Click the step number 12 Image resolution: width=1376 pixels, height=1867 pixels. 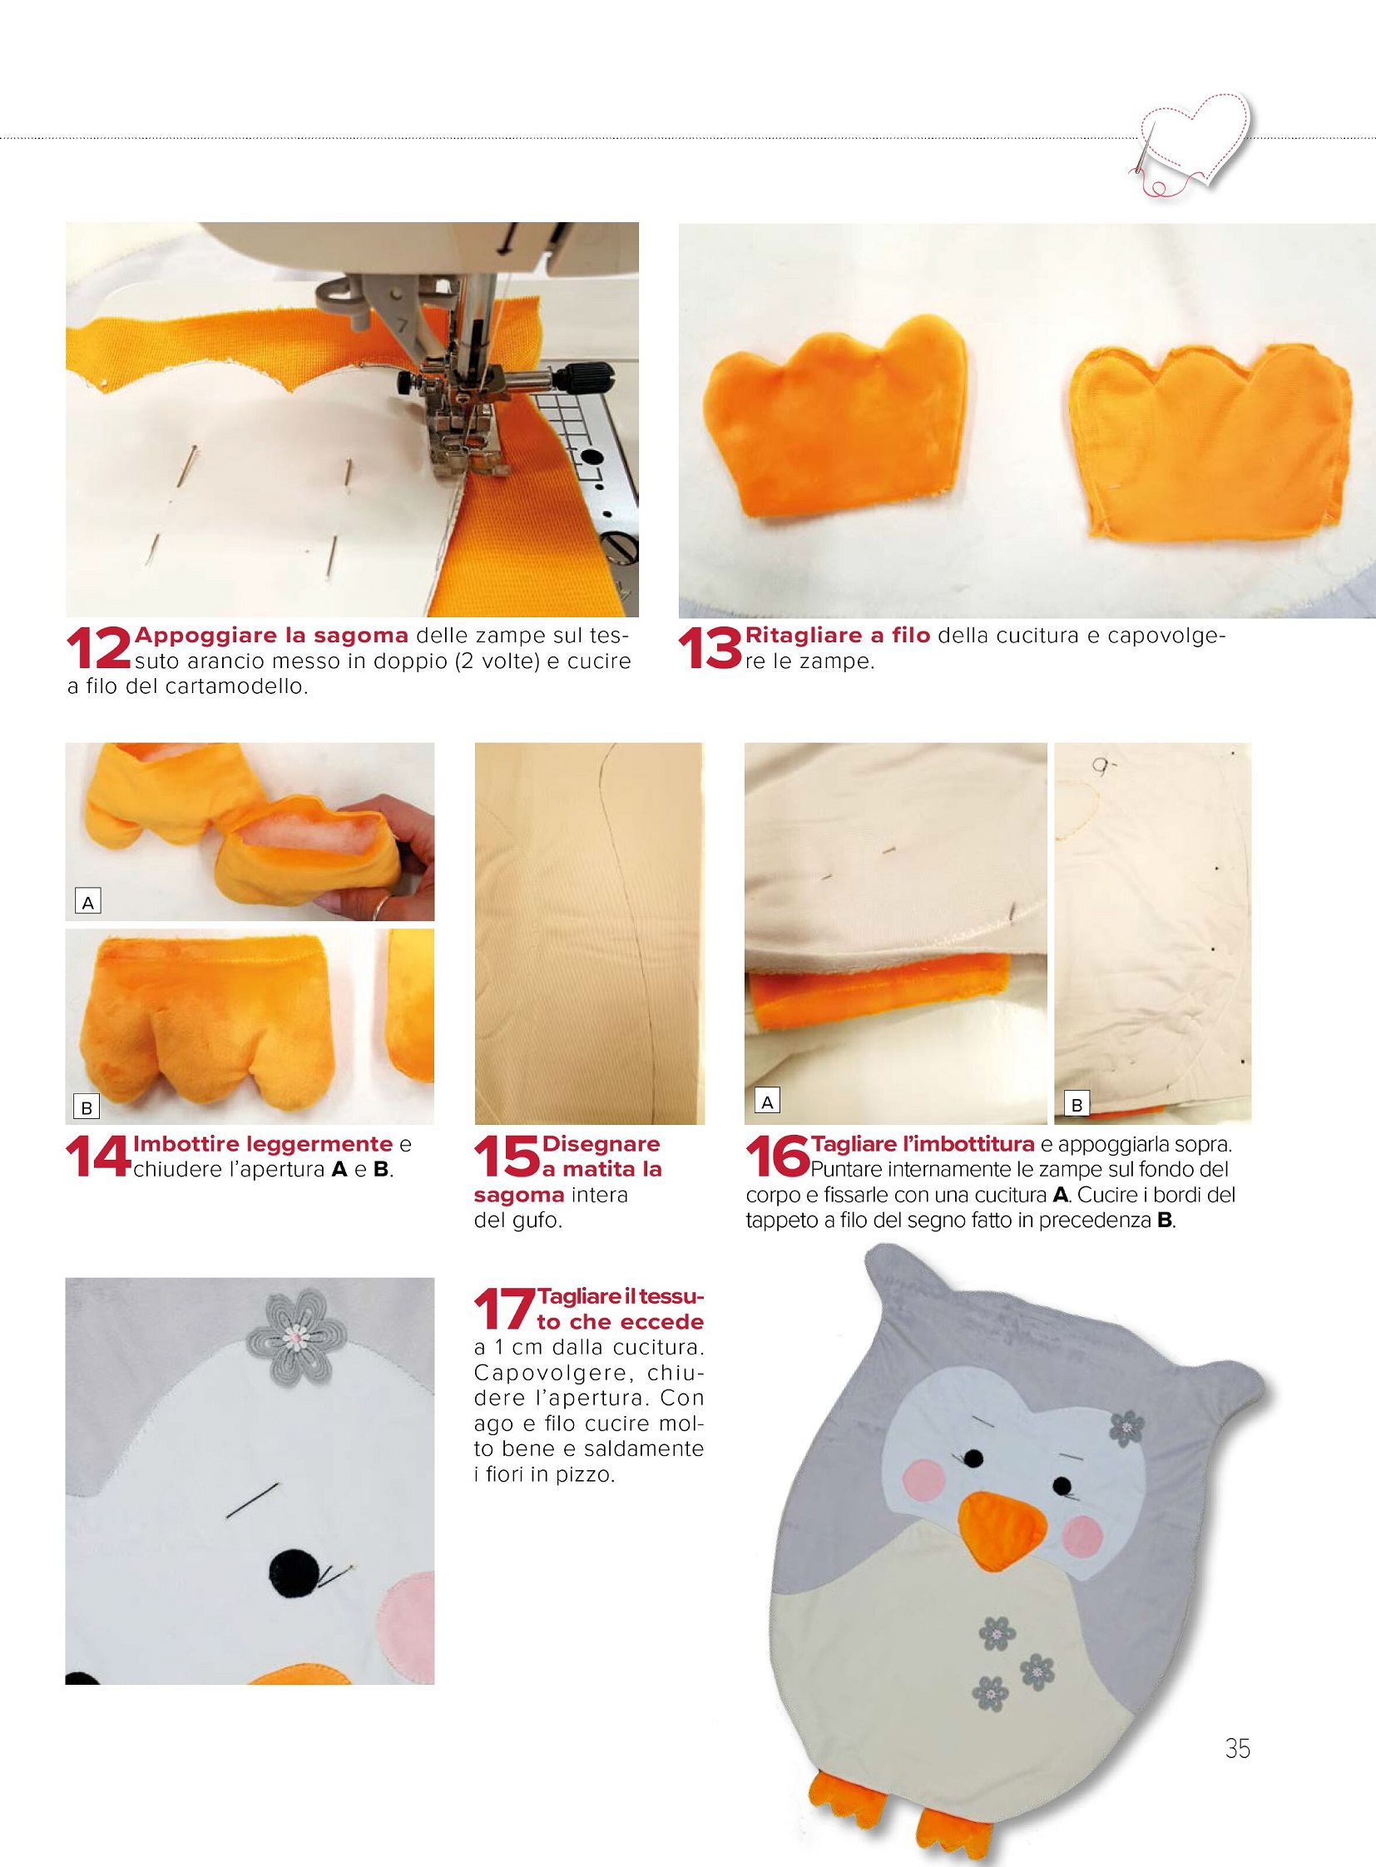point(99,649)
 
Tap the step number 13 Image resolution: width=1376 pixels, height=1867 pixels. point(710,649)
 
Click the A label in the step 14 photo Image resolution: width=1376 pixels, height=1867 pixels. point(87,901)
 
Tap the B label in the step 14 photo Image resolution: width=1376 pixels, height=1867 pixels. point(87,1107)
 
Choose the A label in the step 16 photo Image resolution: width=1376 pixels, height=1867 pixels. point(767,1102)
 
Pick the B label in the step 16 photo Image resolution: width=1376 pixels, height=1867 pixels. point(1077,1105)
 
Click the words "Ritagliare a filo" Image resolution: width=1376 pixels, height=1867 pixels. point(837,636)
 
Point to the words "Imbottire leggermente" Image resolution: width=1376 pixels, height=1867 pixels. point(263,1145)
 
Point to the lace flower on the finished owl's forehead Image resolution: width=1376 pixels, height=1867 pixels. point(1128,1424)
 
